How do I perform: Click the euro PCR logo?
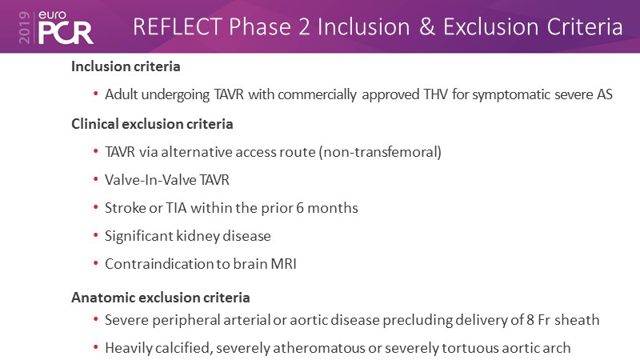66,27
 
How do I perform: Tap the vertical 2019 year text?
25,27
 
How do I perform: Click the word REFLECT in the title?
177,27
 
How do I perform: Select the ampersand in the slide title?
426,27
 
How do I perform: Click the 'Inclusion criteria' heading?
126,66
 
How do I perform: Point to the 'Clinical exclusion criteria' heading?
152,124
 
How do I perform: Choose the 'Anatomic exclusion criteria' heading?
161,298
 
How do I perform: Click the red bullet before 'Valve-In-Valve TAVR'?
96,179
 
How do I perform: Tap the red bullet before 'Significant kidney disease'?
96,235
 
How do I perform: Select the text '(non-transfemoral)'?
380,152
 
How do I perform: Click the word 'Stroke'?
126,208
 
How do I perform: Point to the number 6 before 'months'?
300,208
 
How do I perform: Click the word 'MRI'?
284,264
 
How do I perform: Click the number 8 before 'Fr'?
530,319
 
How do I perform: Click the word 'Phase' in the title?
259,27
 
